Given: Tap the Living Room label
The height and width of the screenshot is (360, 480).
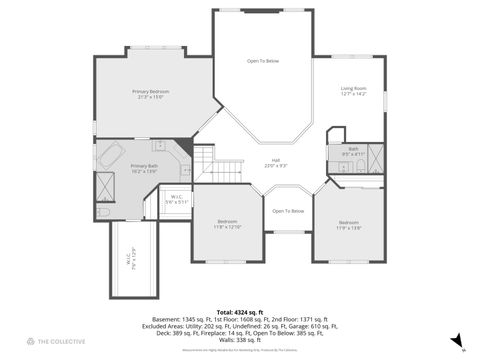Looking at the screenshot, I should [354, 88].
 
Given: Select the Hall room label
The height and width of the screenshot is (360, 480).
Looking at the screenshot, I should [275, 160].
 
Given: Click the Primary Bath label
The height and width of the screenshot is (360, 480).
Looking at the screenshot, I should [145, 166].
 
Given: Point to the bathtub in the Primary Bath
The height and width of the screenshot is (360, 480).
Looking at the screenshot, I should [110, 157].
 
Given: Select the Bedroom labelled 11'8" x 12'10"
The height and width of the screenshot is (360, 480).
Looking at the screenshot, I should [228, 221].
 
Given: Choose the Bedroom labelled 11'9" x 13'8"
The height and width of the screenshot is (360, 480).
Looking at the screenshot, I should [348, 221].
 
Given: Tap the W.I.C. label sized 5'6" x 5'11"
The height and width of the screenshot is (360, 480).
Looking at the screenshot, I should [175, 197].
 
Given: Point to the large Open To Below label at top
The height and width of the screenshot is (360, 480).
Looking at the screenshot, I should [263, 62].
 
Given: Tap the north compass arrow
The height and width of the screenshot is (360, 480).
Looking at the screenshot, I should [456, 341].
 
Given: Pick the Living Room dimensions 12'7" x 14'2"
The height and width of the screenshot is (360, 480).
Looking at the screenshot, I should [354, 94].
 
